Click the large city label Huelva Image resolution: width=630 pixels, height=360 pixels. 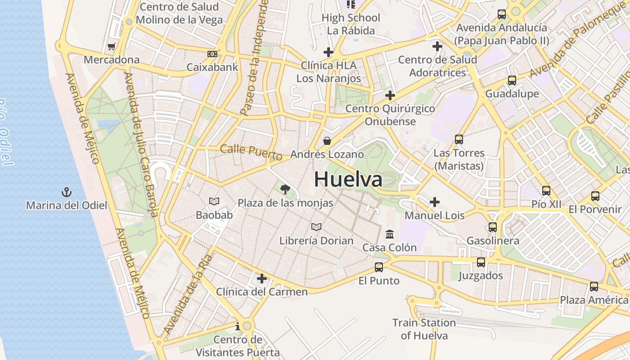(348, 179)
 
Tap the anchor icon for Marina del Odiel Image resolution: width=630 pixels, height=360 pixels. (67, 193)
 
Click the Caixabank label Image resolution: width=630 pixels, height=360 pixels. (212, 67)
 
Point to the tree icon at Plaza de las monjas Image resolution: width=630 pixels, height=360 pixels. (285, 189)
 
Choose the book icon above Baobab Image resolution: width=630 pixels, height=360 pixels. (215, 202)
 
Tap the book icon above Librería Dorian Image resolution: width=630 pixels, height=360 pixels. (317, 227)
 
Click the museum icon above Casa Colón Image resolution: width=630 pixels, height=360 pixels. (390, 234)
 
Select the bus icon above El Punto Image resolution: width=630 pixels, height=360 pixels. (379, 267)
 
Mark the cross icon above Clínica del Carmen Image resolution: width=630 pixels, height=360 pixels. (262, 279)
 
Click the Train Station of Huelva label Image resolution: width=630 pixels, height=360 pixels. (424, 329)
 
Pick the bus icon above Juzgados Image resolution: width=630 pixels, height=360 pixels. (481, 262)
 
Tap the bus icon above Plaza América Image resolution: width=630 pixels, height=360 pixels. (594, 287)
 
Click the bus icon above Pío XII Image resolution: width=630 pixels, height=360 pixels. (546, 191)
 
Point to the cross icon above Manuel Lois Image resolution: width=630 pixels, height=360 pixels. (435, 202)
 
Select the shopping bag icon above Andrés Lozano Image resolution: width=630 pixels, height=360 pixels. (327, 141)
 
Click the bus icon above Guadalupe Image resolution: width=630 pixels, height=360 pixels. (512, 81)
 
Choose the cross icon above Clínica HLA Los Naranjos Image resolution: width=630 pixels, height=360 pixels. (328, 52)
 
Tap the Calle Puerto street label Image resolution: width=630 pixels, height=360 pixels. (251, 152)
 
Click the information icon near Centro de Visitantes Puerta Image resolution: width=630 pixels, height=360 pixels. (238, 326)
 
